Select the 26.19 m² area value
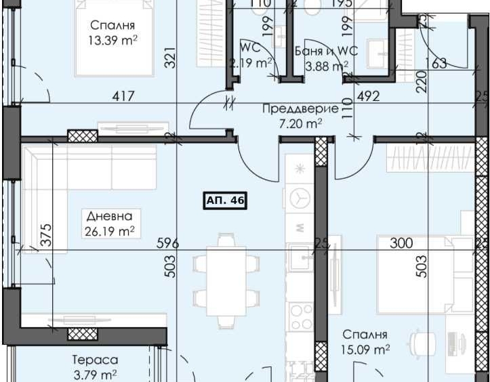110,231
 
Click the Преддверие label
300,108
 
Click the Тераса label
95,360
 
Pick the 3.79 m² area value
95,375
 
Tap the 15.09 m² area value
366,349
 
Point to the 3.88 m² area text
327,65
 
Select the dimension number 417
124,97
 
